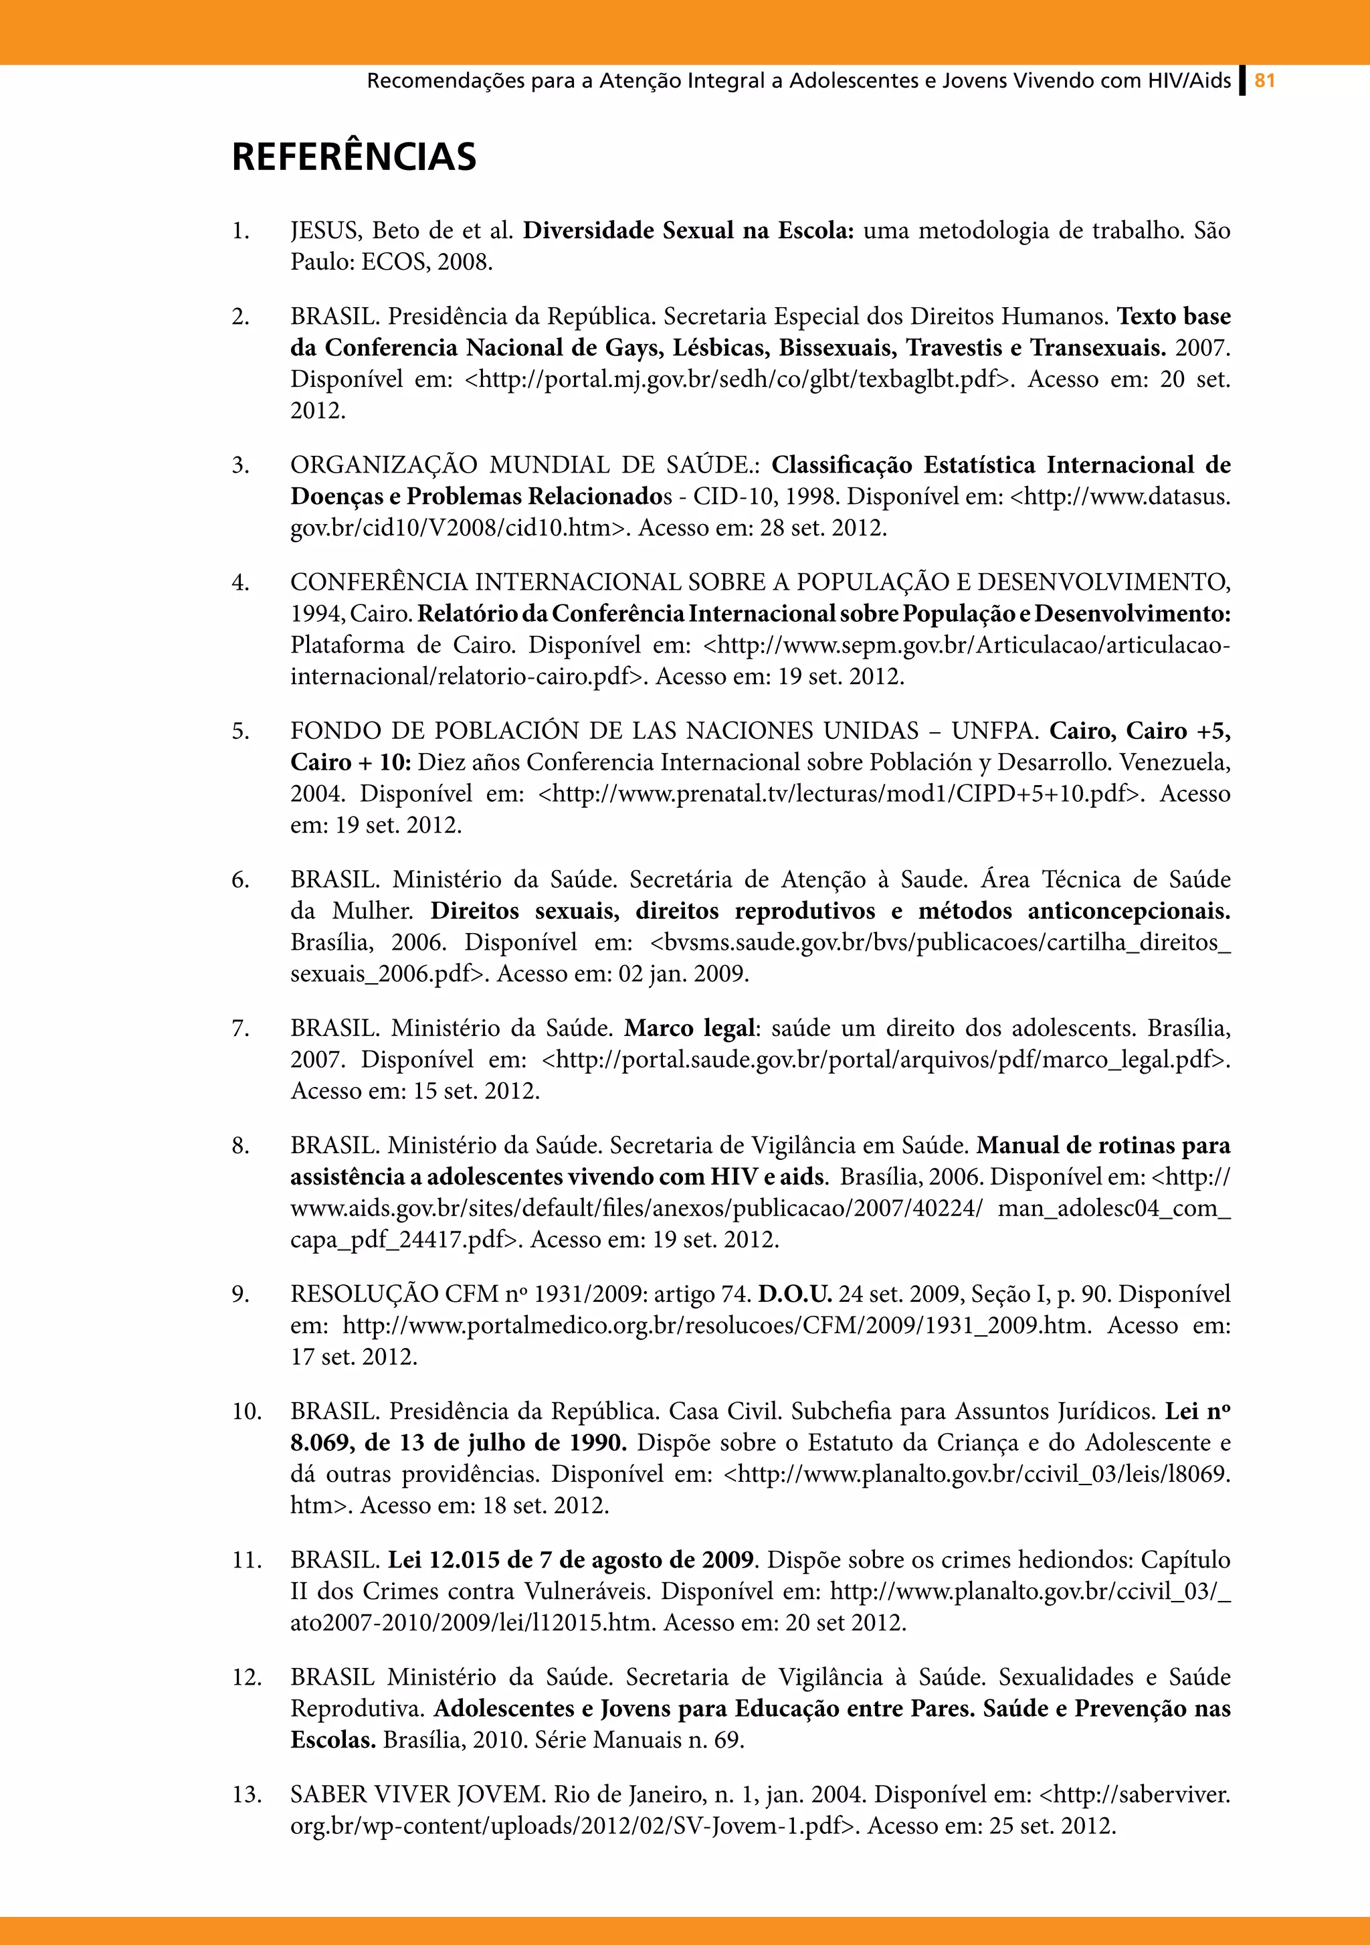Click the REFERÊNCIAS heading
tap(354, 157)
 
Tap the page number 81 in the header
tap(1264, 82)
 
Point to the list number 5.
tap(240, 731)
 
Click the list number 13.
tap(246, 1794)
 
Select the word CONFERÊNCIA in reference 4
tap(379, 583)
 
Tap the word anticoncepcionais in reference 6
tap(1128, 912)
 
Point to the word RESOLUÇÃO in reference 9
tap(364, 1294)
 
